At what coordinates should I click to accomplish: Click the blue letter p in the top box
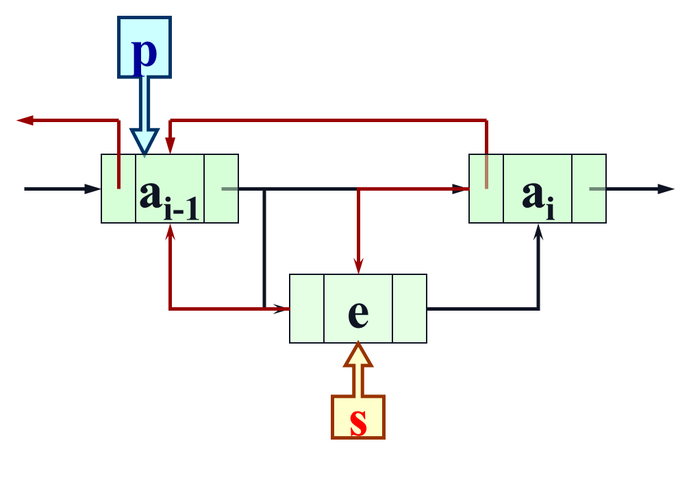click(x=144, y=52)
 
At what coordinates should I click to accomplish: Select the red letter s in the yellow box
click(x=358, y=422)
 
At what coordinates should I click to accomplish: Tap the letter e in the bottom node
click(x=358, y=313)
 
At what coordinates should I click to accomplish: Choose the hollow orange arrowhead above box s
click(x=358, y=355)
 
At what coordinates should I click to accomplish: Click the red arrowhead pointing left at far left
click(x=25, y=120)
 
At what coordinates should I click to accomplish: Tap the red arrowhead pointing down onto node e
click(x=358, y=266)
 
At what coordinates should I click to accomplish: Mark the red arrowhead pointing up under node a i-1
click(x=170, y=232)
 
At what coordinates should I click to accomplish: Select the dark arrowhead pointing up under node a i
click(x=538, y=232)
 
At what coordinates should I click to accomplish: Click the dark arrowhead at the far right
click(x=666, y=189)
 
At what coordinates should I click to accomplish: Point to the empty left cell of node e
click(x=306, y=309)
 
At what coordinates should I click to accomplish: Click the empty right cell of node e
click(x=410, y=309)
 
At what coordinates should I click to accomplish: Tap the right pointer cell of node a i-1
click(x=221, y=189)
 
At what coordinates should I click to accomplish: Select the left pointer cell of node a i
click(x=486, y=189)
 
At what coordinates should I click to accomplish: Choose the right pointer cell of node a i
click(x=589, y=189)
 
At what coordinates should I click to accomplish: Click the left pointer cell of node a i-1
click(x=118, y=189)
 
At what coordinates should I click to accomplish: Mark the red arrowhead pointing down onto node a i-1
click(x=170, y=145)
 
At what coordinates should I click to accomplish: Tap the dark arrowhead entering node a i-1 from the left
click(x=92, y=189)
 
